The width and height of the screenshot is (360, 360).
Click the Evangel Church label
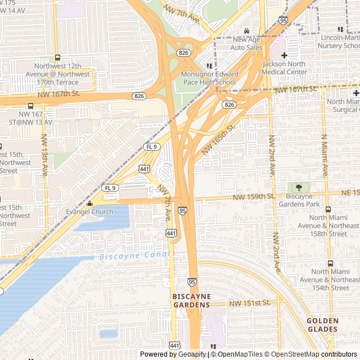coord(89,211)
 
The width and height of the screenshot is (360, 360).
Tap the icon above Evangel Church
coord(89,203)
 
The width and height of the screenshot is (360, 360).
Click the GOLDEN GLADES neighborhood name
coord(323,325)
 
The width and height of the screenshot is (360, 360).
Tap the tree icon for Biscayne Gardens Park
coord(299,187)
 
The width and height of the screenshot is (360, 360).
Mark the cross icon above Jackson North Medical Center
coord(285,56)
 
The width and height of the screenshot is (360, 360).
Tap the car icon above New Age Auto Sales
coord(247,30)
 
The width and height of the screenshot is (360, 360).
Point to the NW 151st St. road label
coord(250,303)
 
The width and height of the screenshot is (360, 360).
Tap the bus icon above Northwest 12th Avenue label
coord(57,58)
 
